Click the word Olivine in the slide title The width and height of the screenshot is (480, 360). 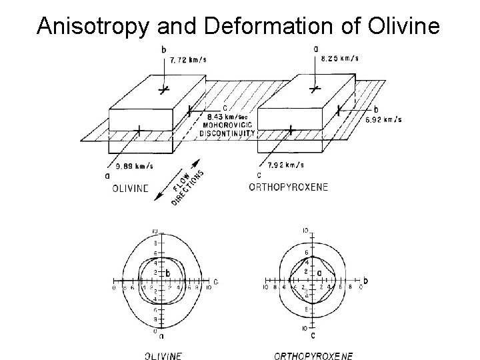(404, 26)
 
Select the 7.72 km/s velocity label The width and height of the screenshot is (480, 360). (188, 59)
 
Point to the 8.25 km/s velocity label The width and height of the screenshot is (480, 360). (339, 58)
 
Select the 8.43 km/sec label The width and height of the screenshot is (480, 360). (227, 118)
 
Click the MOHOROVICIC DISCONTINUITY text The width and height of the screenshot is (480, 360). (227, 129)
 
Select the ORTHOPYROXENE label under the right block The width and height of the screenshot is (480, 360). (288, 187)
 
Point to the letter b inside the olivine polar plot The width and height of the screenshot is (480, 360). (168, 273)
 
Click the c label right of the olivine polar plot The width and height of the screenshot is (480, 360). (215, 280)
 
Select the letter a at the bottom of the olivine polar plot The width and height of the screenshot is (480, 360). (161, 336)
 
